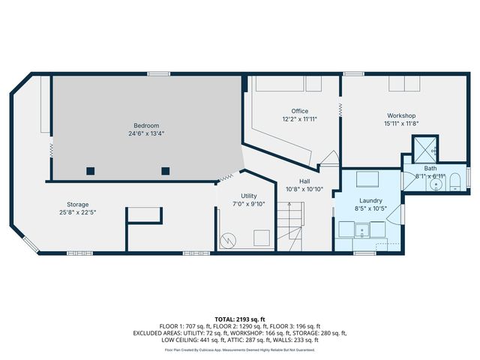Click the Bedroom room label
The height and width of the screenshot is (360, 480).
(x=146, y=125)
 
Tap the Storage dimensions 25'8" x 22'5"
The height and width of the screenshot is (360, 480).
(x=77, y=212)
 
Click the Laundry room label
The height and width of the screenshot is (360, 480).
(x=370, y=201)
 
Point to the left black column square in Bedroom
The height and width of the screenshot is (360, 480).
(x=90, y=170)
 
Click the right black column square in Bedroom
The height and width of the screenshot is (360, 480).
(x=165, y=170)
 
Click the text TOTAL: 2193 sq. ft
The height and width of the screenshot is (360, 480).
(x=240, y=319)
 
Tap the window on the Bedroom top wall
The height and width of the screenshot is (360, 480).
(x=157, y=73)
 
